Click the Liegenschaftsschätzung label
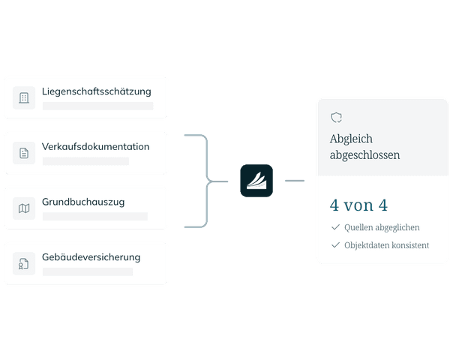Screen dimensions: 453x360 click(97, 91)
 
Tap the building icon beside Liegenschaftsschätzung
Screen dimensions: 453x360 click(24, 97)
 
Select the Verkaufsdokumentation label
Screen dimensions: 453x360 click(96, 146)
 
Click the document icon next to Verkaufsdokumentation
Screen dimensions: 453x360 click(24, 153)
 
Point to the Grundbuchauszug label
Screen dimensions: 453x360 click(83, 202)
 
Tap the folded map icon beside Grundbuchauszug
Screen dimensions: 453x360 click(24, 208)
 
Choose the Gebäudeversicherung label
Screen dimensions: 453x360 click(91, 257)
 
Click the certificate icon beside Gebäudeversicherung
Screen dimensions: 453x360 click(24, 263)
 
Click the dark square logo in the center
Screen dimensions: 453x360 click(256, 181)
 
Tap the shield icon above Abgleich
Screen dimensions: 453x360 click(336, 118)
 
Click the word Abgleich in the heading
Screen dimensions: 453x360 click(351, 139)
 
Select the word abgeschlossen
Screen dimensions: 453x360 click(365, 154)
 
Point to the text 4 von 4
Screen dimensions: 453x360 click(358, 205)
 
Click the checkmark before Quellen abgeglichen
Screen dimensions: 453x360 click(335, 227)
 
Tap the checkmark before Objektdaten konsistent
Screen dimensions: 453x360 click(335, 245)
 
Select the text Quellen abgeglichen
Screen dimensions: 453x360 click(382, 228)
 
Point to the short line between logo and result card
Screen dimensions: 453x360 click(295, 181)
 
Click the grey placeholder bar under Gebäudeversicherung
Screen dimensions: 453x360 click(88, 271)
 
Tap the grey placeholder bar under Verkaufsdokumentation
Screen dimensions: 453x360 click(85, 161)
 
